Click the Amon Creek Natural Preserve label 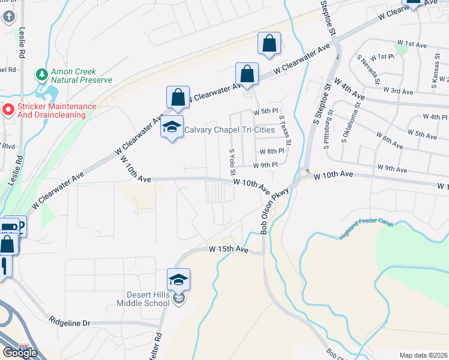pyautogui.click(x=82, y=75)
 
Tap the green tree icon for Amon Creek pyautogui.click(x=41, y=74)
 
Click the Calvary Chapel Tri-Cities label pyautogui.click(x=229, y=130)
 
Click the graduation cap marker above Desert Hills pyautogui.click(x=179, y=279)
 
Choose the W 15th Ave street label pyautogui.click(x=229, y=248)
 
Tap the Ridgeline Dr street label pyautogui.click(x=70, y=323)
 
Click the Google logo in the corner pyautogui.click(x=20, y=352)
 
